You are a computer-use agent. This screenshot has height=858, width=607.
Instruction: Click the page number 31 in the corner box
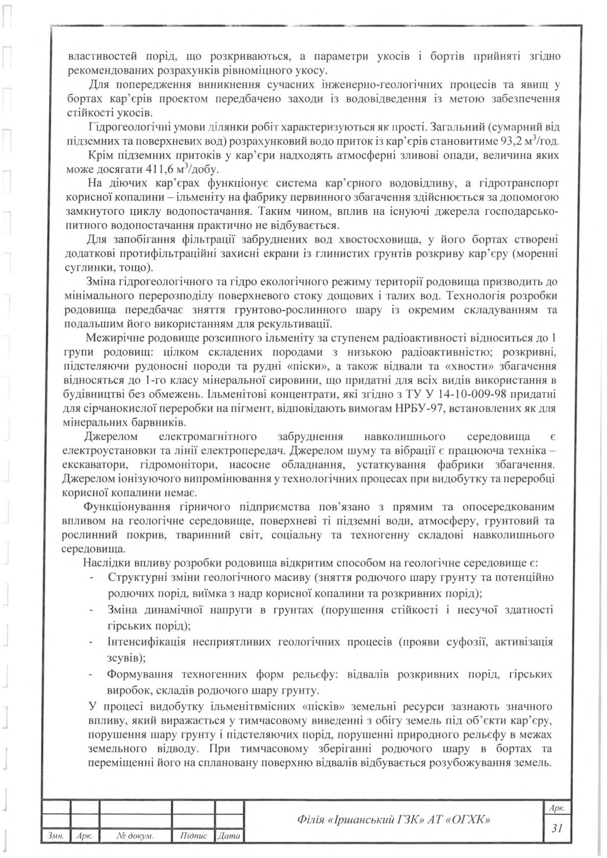click(557, 829)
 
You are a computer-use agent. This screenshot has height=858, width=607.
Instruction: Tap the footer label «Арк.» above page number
click(557, 809)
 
